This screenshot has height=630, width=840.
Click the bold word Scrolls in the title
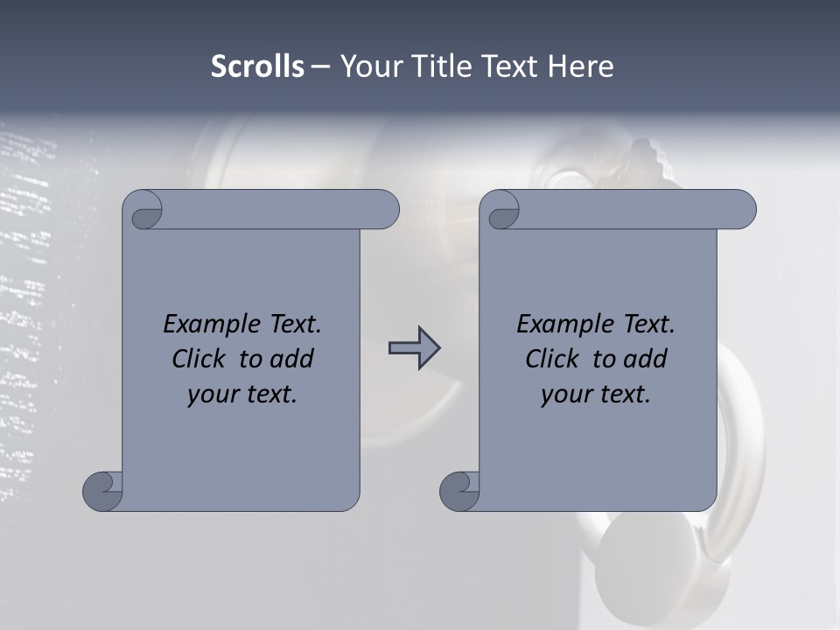pyautogui.click(x=257, y=66)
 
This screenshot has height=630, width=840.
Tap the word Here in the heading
pyautogui.click(x=580, y=66)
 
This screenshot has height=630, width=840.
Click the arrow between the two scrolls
pyautogui.click(x=414, y=348)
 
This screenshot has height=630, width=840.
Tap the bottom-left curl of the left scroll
pyautogui.click(x=101, y=491)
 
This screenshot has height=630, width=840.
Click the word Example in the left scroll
pyautogui.click(x=203, y=325)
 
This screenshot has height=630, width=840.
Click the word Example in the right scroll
pyautogui.click(x=556, y=325)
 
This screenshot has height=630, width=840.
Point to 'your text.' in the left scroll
pyautogui.click(x=242, y=395)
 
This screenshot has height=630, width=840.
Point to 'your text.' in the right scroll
pyautogui.click(x=596, y=395)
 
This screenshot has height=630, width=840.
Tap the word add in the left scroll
pyautogui.click(x=293, y=360)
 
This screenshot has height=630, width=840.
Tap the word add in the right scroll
pyautogui.click(x=647, y=360)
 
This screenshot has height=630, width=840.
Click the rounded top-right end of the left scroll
pyautogui.click(x=385, y=209)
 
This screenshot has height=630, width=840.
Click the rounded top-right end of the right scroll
pyautogui.click(x=742, y=209)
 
